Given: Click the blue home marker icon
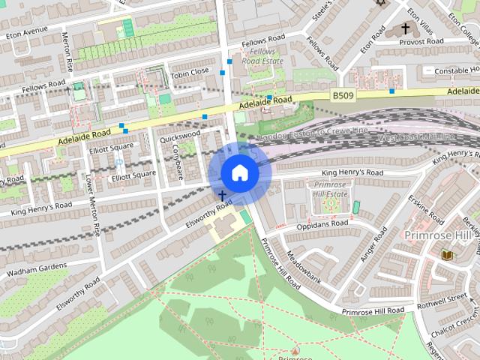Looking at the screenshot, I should pos(240,172).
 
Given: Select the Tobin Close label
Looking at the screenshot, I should pos(189,72).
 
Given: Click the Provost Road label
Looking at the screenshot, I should pos(421,43).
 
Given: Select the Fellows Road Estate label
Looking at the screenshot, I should pos(262,55).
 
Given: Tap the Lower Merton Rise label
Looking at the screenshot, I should pos(94,206).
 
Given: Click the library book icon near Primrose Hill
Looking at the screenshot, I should pos(447,255).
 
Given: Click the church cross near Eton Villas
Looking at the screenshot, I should pos(406,28).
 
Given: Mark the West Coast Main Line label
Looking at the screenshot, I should pos(416,138).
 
